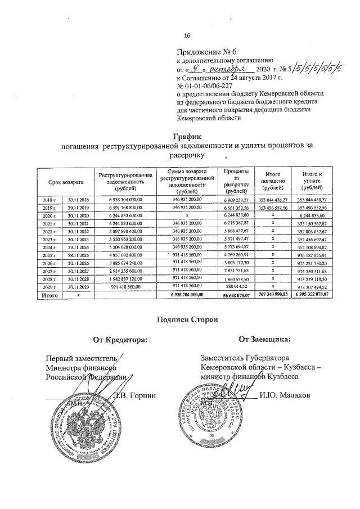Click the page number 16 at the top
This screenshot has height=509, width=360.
[179, 37]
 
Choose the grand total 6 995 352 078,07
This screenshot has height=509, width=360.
[312, 294]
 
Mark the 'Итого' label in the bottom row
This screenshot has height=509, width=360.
[46, 294]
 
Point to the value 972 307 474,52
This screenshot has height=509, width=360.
[312, 286]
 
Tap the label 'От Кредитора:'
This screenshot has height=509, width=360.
[120, 339]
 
